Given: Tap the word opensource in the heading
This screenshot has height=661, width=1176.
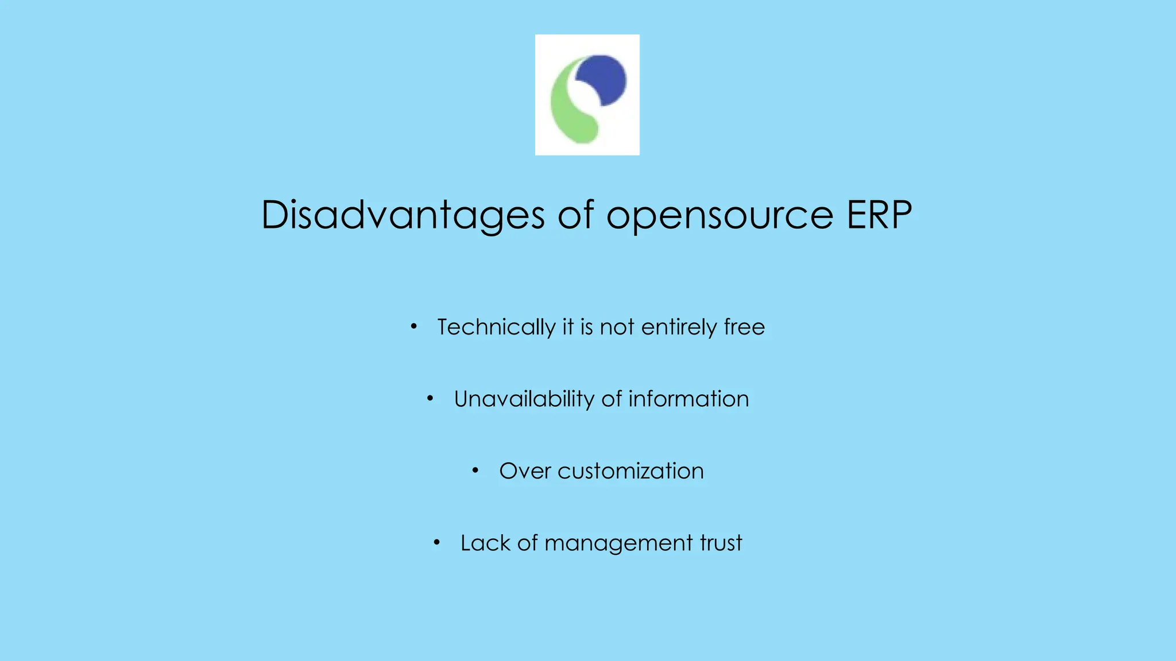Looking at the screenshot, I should [x=719, y=216].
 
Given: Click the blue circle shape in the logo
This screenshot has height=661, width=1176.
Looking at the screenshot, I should [x=603, y=79].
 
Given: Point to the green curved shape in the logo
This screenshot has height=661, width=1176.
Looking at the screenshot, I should [x=568, y=112].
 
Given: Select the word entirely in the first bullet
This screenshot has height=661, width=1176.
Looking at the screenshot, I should [x=679, y=327].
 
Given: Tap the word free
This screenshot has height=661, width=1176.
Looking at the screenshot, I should [x=744, y=326].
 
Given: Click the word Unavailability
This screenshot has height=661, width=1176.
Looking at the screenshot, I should [x=524, y=399].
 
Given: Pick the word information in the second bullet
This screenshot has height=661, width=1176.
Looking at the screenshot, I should [x=688, y=399].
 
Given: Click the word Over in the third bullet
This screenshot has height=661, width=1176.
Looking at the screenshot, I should [x=525, y=471].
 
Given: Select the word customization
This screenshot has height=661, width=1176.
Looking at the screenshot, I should [x=630, y=471].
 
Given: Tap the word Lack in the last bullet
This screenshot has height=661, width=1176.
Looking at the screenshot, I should [x=485, y=543].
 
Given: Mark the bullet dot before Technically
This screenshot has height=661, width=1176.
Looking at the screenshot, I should [x=413, y=326].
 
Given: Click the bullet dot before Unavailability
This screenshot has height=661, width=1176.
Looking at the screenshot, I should [x=430, y=398].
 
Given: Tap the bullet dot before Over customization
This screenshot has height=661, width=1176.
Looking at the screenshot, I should [x=475, y=471].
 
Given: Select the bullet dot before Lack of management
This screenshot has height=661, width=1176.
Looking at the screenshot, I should [x=436, y=542].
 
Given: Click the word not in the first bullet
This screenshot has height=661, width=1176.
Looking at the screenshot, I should [x=617, y=327].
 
